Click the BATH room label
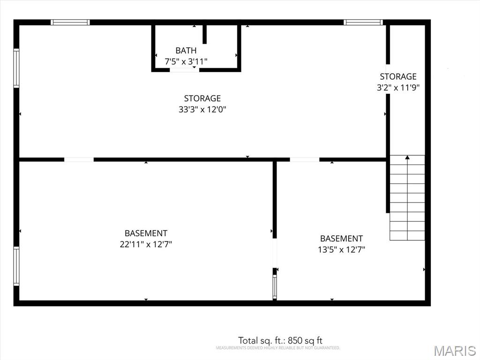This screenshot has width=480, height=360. [186, 50]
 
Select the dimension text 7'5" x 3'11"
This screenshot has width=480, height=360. [186, 61]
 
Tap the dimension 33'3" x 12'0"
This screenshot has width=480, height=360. [202, 109]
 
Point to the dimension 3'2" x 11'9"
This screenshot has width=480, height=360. [398, 88]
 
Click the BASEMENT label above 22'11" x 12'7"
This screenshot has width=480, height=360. [146, 233]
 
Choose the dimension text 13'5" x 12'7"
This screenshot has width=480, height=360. [341, 249]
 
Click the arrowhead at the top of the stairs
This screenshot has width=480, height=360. [407, 157]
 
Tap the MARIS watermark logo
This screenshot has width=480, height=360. [455, 351]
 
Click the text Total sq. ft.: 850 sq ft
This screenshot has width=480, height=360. [280, 340]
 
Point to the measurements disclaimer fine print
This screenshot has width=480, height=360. [278, 348]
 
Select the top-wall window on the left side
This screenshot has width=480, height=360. [70, 22]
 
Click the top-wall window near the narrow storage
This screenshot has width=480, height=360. [363, 22]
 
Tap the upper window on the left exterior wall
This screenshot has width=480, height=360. [16, 68]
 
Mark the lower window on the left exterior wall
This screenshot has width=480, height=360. [16, 266]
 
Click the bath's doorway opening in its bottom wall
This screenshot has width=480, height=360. [184, 70]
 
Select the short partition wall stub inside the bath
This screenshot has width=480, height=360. [204, 34]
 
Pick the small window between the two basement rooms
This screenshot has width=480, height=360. [275, 287]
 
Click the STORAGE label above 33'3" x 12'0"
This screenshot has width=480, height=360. [202, 98]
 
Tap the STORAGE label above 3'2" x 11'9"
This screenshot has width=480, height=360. [398, 76]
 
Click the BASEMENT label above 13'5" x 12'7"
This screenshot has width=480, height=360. [341, 239]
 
